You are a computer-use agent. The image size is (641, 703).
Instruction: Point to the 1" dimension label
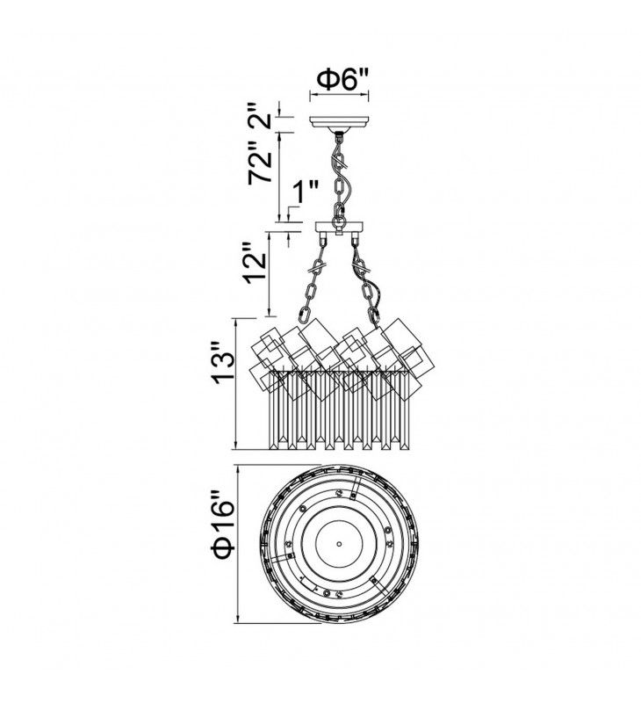tap(305, 192)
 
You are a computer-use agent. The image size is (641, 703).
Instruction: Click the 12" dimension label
tap(256, 267)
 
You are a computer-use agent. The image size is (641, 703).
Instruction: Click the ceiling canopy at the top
tap(340, 123)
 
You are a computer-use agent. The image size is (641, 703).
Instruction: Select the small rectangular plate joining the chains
tap(340, 227)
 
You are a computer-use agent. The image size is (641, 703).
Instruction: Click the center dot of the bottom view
tap(339, 543)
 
